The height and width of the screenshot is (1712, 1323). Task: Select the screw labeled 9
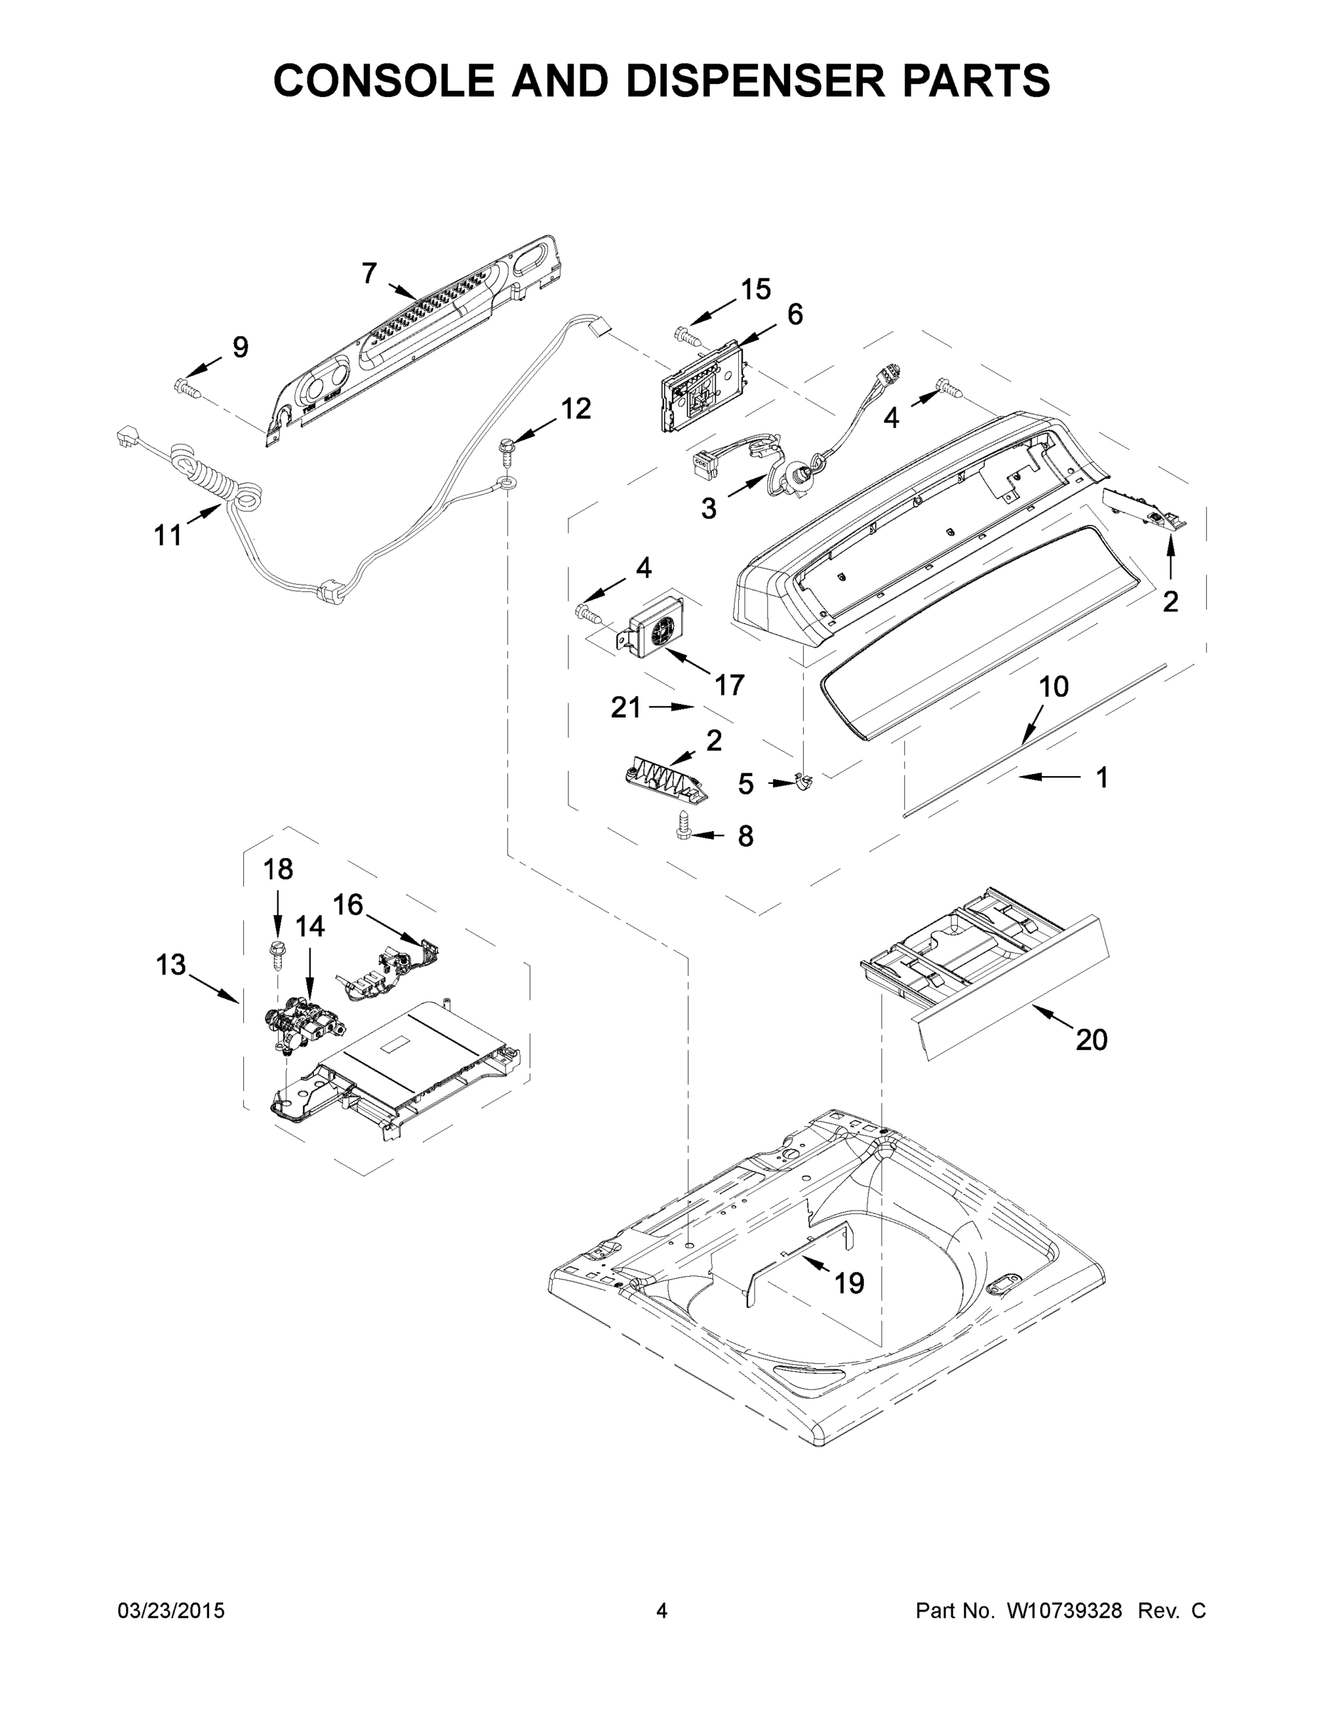coord(185,386)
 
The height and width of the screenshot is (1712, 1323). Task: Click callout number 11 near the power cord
coord(168,536)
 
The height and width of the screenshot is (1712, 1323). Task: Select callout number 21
coord(625,708)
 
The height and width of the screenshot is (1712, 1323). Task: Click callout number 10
coord(1053,687)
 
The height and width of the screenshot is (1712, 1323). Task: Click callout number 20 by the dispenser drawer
coord(1091,1039)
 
